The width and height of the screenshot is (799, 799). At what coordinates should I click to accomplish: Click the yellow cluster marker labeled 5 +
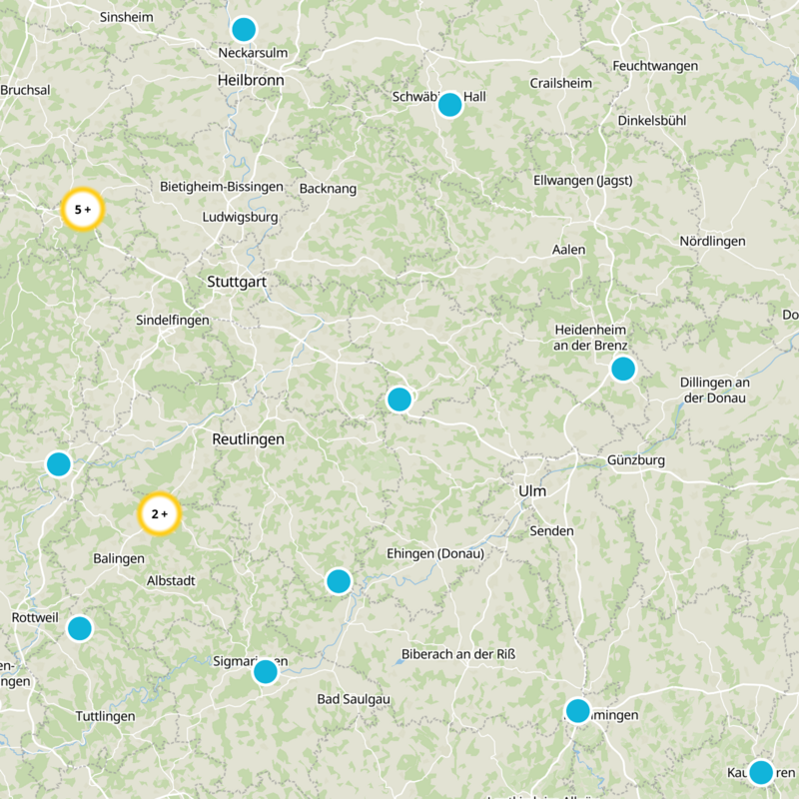pyautogui.click(x=82, y=210)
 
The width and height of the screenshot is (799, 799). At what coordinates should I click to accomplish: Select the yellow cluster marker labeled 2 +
pyautogui.click(x=159, y=514)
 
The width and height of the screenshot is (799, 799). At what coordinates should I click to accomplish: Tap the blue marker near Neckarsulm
pyautogui.click(x=243, y=29)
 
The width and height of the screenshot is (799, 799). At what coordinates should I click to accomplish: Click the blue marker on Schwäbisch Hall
pyautogui.click(x=449, y=104)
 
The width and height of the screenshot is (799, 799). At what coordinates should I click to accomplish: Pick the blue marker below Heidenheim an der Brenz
pyautogui.click(x=622, y=369)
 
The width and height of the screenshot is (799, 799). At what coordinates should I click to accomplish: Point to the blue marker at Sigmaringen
pyautogui.click(x=265, y=671)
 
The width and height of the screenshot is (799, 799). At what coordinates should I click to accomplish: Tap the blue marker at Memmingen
pyautogui.click(x=577, y=711)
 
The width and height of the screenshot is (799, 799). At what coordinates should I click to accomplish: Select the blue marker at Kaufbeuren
pyautogui.click(x=761, y=771)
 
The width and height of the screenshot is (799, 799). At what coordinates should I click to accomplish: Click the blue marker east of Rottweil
pyautogui.click(x=79, y=628)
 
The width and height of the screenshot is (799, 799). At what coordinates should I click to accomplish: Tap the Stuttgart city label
pyautogui.click(x=237, y=282)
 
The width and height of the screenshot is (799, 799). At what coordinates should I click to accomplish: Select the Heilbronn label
pyautogui.click(x=251, y=80)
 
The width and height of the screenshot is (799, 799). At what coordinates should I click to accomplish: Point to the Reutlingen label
pyautogui.click(x=248, y=438)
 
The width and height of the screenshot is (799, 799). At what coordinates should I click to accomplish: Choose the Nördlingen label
pyautogui.click(x=712, y=242)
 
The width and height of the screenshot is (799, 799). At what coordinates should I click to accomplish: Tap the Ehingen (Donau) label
pyautogui.click(x=434, y=554)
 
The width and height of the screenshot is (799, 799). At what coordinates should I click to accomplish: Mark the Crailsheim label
pyautogui.click(x=561, y=83)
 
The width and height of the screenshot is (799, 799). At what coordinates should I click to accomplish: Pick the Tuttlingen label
pyautogui.click(x=105, y=716)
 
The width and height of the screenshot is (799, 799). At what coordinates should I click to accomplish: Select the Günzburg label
pyautogui.click(x=635, y=460)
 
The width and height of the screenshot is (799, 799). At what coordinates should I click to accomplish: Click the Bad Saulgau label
pyautogui.click(x=353, y=698)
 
